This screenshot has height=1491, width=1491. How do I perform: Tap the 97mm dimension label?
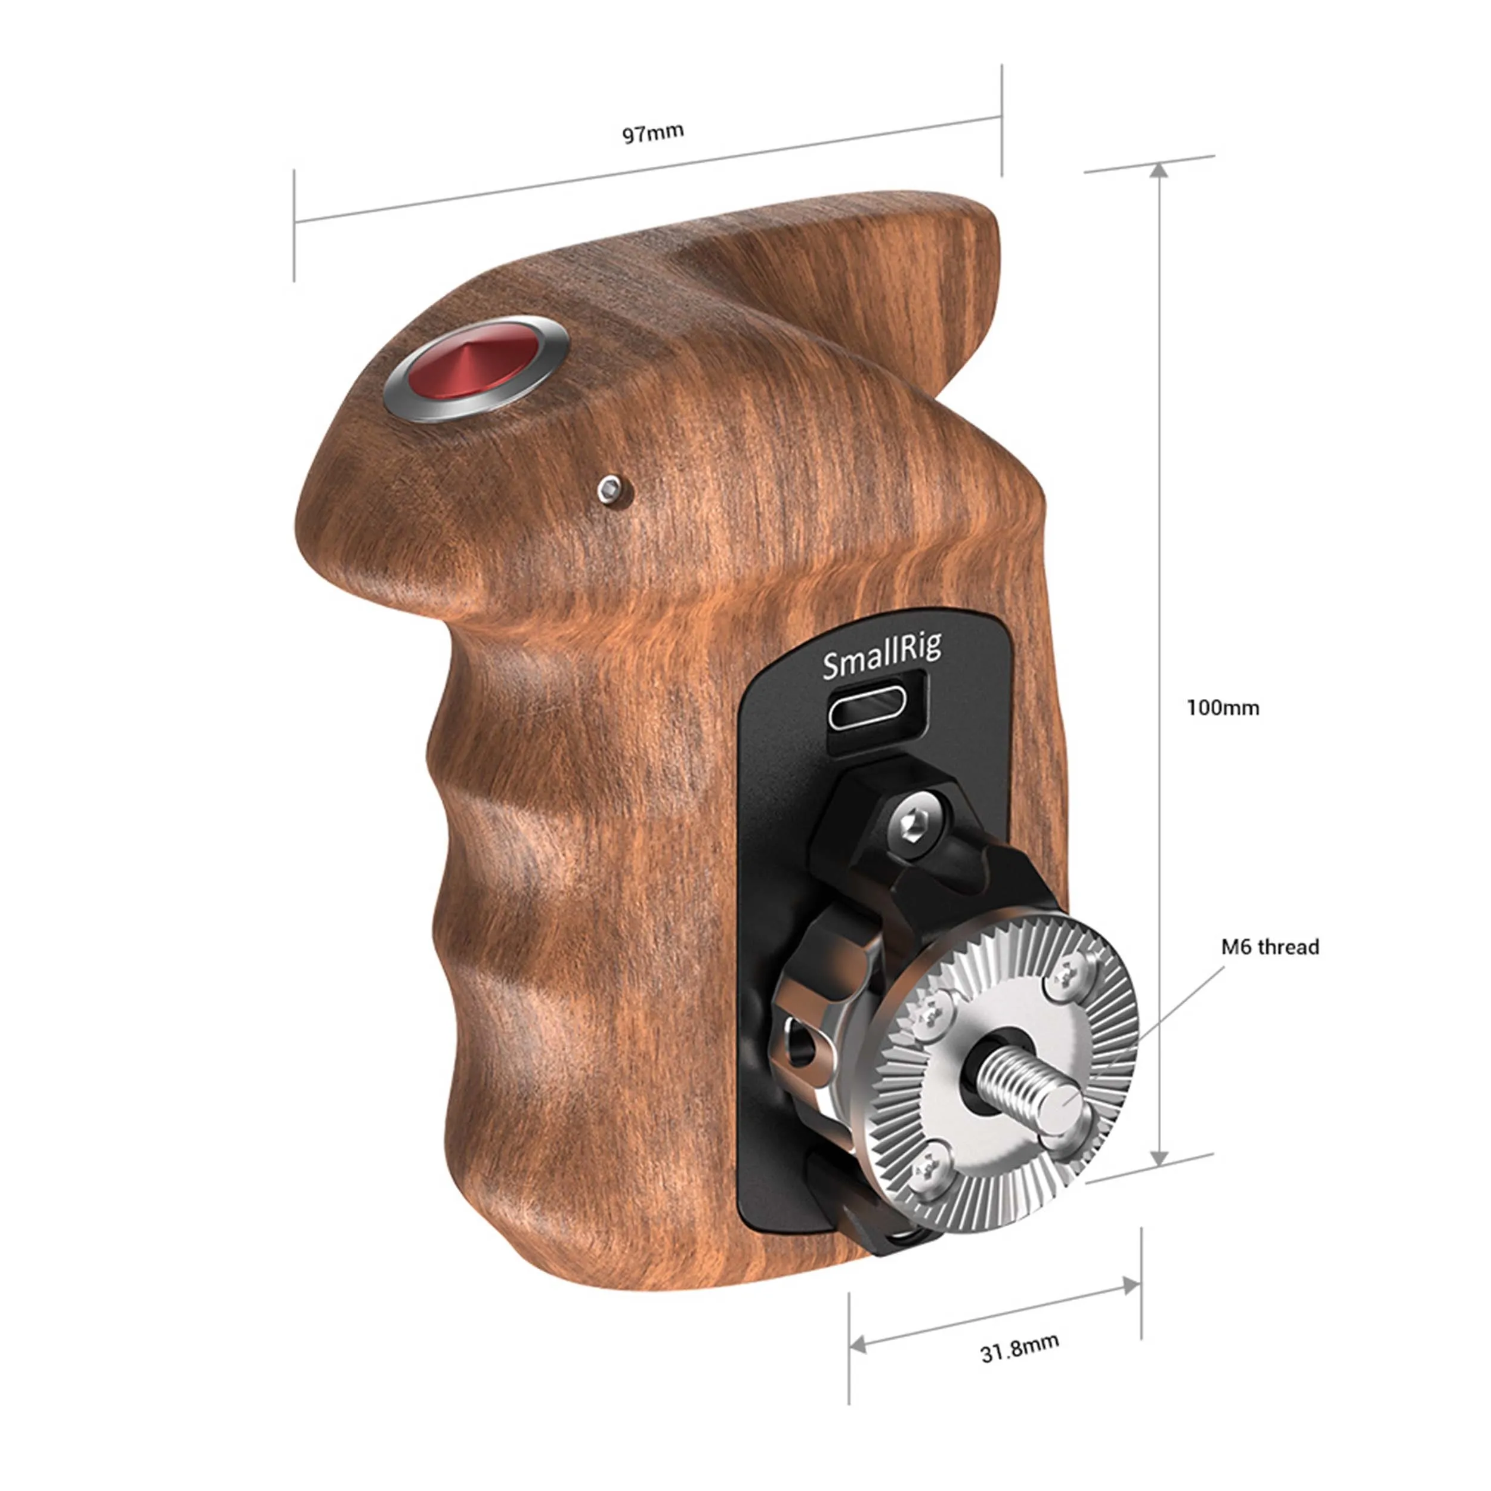653,133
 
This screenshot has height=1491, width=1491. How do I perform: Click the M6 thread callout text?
1270,947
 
